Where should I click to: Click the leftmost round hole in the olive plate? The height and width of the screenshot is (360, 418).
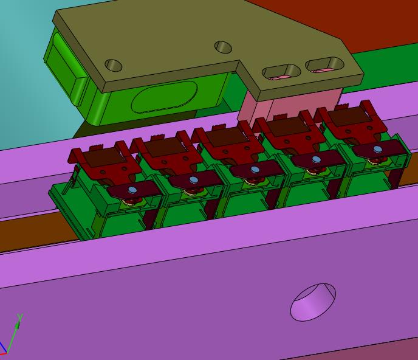[114, 65]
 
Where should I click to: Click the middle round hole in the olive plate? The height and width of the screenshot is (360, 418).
[223, 47]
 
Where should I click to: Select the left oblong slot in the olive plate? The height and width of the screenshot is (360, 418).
[281, 72]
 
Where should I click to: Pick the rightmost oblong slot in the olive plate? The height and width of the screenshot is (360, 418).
[324, 64]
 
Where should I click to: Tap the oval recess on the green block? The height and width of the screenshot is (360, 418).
[165, 97]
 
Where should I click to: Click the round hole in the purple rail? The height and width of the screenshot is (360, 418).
[313, 302]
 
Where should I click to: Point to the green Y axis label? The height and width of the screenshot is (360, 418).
[20, 317]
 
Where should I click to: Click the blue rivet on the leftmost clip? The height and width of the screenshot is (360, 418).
[132, 190]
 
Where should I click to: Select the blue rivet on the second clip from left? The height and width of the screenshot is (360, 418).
[194, 180]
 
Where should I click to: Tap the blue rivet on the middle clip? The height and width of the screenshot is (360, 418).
[255, 170]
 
